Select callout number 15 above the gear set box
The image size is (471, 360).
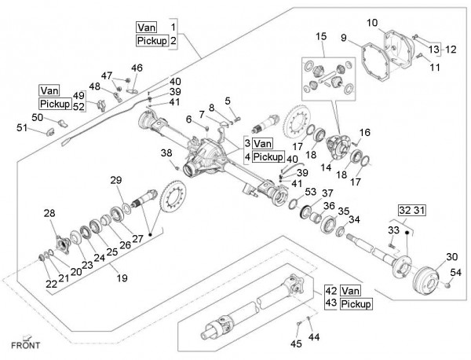[320, 37]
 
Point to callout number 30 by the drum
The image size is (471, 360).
[451, 257]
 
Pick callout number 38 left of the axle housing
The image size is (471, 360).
[166, 152]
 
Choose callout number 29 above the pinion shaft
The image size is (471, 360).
[116, 181]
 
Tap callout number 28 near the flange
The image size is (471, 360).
[50, 213]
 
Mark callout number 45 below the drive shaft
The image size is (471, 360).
[296, 343]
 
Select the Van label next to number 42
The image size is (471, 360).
[350, 289]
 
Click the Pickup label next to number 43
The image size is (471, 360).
[356, 303]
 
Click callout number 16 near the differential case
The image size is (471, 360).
[364, 132]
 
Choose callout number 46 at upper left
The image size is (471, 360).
[137, 68]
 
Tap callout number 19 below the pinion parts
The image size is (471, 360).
[120, 277]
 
